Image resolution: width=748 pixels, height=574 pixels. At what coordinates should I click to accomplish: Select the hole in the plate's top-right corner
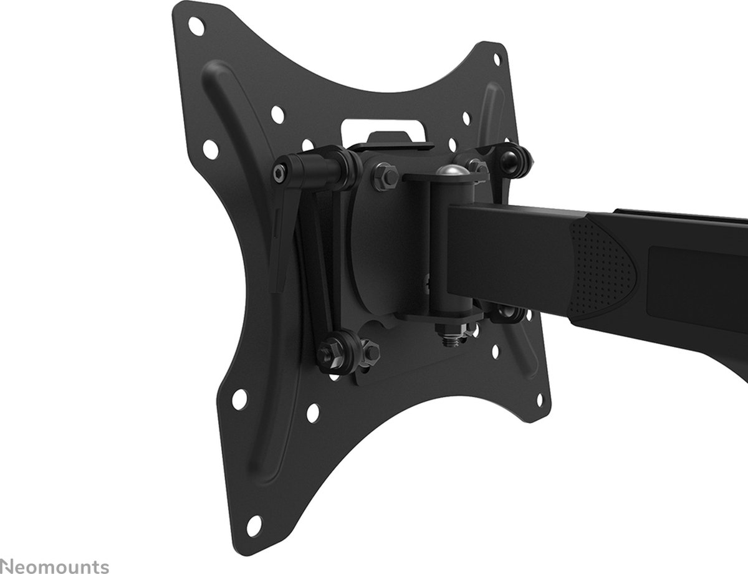pyautogui.click(x=497, y=58)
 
